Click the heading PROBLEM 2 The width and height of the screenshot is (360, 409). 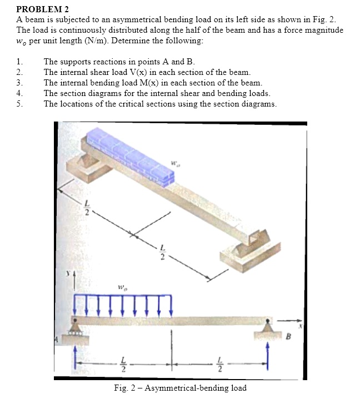pos(39,9)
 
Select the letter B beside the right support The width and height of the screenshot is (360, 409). pos(287,335)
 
